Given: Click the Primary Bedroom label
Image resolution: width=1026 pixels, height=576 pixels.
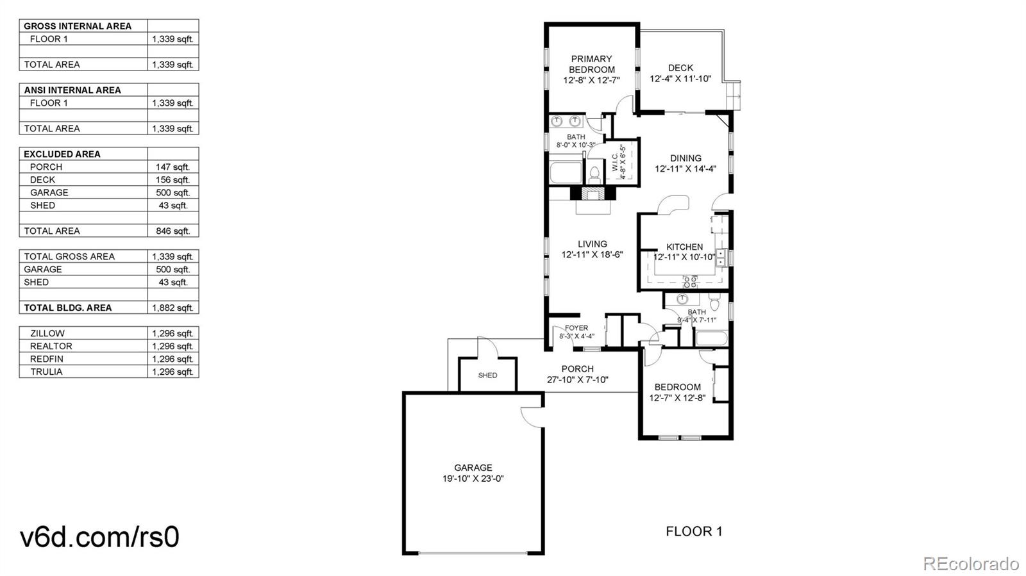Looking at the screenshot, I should click(591, 64).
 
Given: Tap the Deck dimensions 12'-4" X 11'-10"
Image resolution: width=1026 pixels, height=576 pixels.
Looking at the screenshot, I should click(680, 79).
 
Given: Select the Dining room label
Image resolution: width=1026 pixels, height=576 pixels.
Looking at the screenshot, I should click(685, 158).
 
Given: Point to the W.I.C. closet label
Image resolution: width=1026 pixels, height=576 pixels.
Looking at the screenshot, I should click(618, 162).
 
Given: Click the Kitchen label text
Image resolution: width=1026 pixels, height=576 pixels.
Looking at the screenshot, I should click(684, 247).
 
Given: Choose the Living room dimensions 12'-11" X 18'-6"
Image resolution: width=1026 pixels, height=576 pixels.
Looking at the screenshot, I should click(592, 254).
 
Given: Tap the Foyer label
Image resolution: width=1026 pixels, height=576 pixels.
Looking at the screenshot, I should click(576, 328).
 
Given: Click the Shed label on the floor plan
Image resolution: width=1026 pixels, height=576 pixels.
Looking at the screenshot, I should click(487, 375).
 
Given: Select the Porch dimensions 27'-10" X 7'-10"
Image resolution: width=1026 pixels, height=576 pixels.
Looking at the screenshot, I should click(577, 379).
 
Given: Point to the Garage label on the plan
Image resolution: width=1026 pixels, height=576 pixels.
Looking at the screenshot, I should click(473, 468).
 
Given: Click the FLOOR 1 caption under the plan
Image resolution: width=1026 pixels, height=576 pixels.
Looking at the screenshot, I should click(694, 531).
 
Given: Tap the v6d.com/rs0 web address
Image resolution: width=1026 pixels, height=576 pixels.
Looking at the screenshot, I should click(99, 537).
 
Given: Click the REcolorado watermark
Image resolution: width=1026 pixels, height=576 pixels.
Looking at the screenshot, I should click(970, 564).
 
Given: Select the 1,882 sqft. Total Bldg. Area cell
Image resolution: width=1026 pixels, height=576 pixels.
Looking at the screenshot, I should click(172, 308).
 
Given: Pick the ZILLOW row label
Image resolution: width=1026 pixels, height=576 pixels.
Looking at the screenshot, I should click(47, 333).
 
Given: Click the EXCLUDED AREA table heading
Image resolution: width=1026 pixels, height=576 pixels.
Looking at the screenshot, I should click(62, 154).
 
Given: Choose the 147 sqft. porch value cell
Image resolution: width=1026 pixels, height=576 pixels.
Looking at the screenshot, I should click(172, 167).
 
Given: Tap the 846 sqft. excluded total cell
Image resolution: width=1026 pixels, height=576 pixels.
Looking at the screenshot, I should click(172, 231).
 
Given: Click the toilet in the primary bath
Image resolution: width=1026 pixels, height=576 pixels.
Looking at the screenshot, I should click(594, 173).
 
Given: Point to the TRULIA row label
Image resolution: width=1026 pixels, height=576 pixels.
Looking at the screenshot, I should click(46, 372).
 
